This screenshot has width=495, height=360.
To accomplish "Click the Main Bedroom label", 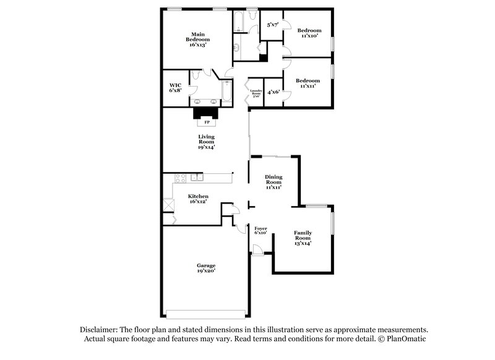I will coord(198,40).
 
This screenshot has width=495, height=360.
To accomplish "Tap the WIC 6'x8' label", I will coord(175,87).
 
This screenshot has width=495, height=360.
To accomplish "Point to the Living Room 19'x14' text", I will coord(206,142).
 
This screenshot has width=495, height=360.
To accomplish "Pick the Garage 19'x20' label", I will coord(206,268).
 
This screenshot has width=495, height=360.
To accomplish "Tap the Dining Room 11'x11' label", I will coord(273,181).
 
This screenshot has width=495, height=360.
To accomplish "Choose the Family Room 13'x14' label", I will coord(303,238).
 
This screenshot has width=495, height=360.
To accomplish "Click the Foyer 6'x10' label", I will coord(260,231).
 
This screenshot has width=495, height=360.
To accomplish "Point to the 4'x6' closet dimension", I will coord(273,92).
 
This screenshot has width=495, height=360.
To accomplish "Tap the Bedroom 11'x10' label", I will coord(309,33).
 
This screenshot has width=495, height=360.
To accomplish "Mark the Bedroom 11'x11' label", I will coord(308,84).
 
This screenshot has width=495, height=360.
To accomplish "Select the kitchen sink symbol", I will coord(197,178).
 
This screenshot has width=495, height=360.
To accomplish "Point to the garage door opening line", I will coord(206,311).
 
